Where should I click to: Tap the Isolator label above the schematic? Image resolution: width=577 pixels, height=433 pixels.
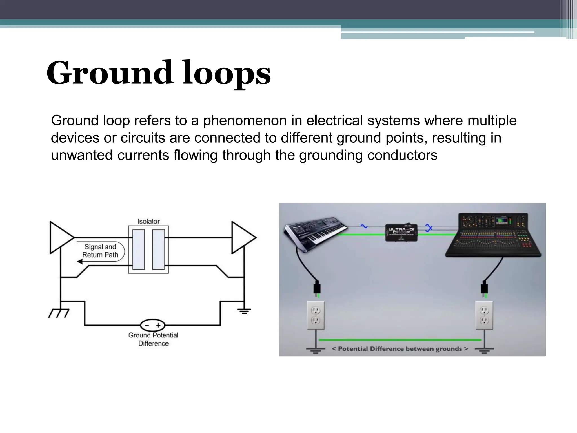(x=148, y=221)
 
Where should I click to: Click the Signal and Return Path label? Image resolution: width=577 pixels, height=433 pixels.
(x=100, y=251)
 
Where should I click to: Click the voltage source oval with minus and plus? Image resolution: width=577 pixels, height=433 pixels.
(x=152, y=325)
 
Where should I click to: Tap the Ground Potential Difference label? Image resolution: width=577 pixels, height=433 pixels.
(x=153, y=339)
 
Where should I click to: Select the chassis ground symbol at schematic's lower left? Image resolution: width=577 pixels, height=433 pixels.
(x=59, y=313)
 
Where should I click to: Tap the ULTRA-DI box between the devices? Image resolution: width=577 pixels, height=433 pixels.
(x=401, y=233)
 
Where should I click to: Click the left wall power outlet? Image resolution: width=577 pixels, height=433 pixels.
(x=316, y=315)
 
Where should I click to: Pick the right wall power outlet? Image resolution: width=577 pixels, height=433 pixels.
(x=484, y=315)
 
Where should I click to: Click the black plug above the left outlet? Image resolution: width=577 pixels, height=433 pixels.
(x=317, y=288)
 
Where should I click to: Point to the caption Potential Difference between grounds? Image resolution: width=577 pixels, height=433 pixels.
(x=400, y=349)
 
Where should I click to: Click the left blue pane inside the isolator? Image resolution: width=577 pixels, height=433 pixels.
(x=138, y=249)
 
